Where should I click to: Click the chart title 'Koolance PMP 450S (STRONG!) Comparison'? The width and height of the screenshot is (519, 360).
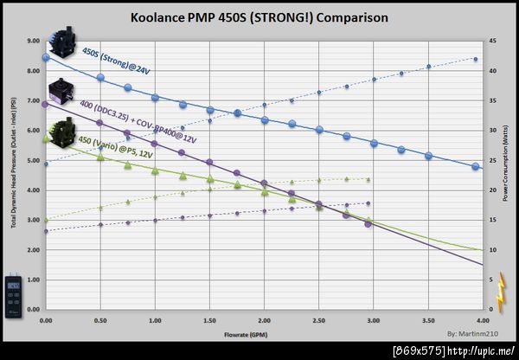[x=259, y=17]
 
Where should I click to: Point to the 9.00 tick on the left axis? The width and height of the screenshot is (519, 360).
[x=32, y=40]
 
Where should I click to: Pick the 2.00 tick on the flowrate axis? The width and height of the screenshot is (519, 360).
[x=264, y=320]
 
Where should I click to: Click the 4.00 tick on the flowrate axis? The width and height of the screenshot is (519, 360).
[x=482, y=320]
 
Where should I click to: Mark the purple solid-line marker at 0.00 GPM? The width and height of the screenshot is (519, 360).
[x=46, y=104]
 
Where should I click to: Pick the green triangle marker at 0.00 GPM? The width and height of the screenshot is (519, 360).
[x=46, y=138]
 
